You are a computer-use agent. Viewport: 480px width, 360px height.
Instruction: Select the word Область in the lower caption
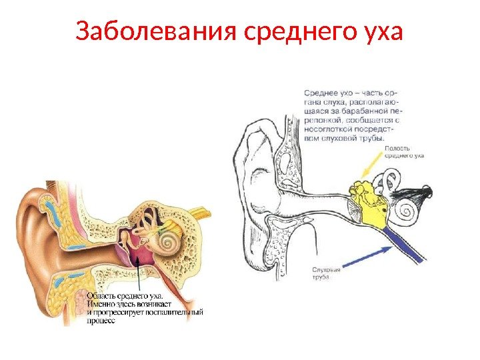click(x=101, y=293)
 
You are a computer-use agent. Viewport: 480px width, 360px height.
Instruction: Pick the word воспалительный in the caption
click(x=173, y=311)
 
